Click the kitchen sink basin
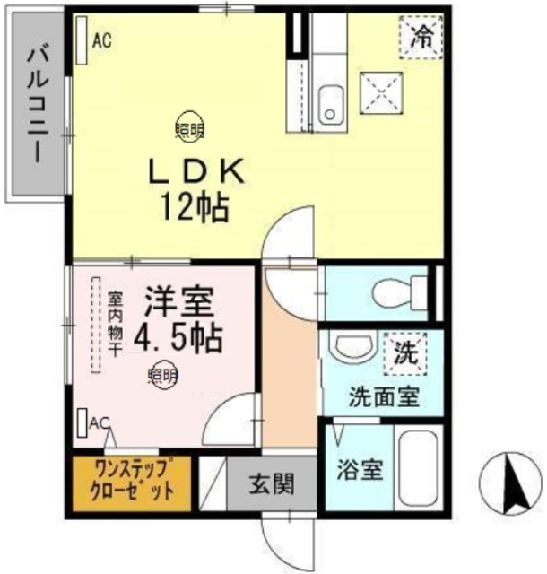[x=330, y=103]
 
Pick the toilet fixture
[x=393, y=291]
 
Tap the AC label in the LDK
[x=100, y=39]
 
